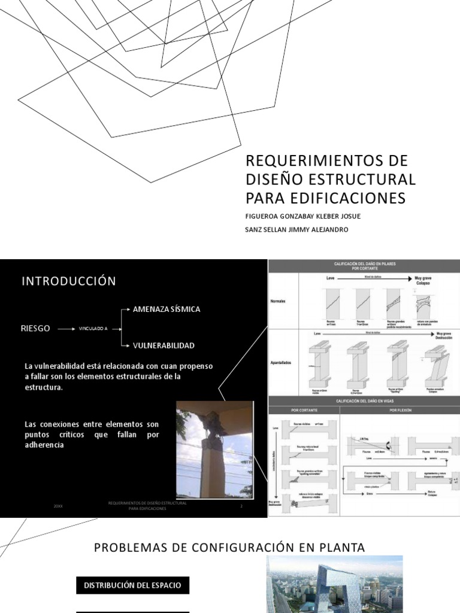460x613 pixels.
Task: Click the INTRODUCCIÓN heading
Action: pyautogui.click(x=69, y=281)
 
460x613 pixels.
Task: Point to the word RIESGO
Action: pyautogui.click(x=37, y=329)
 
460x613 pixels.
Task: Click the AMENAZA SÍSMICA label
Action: pyautogui.click(x=167, y=309)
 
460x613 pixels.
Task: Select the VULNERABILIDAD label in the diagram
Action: pyautogui.click(x=163, y=345)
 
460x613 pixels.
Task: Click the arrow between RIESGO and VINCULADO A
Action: pyautogui.click(x=65, y=329)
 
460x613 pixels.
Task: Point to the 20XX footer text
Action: pyautogui.click(x=57, y=506)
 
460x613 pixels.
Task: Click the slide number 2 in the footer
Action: pyautogui.click(x=241, y=506)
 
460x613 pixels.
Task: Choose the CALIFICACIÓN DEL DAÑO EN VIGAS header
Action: pyautogui.click(x=364, y=400)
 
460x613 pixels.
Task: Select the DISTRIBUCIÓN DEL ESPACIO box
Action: pyautogui.click(x=132, y=585)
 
